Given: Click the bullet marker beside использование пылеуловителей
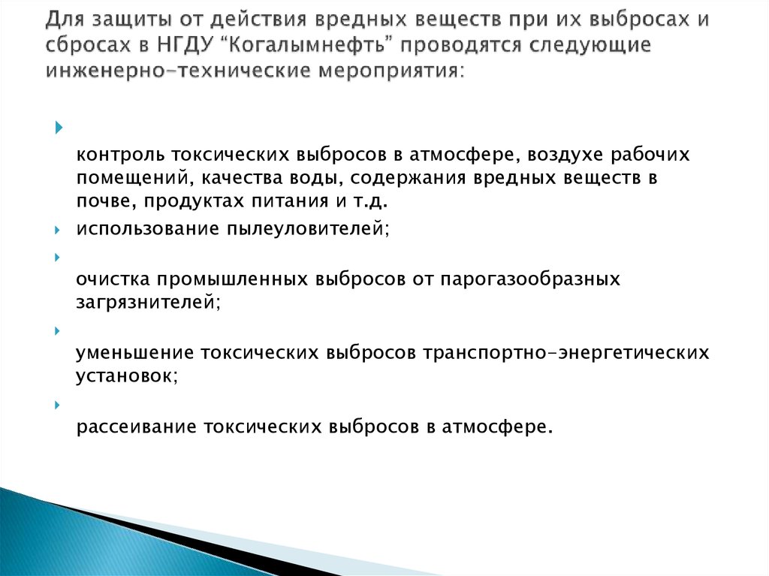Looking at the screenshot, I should point(58,228).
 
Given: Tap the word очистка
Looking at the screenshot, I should point(113,279).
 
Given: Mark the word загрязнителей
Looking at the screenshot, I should point(147,303).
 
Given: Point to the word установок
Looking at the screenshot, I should point(126,375).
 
